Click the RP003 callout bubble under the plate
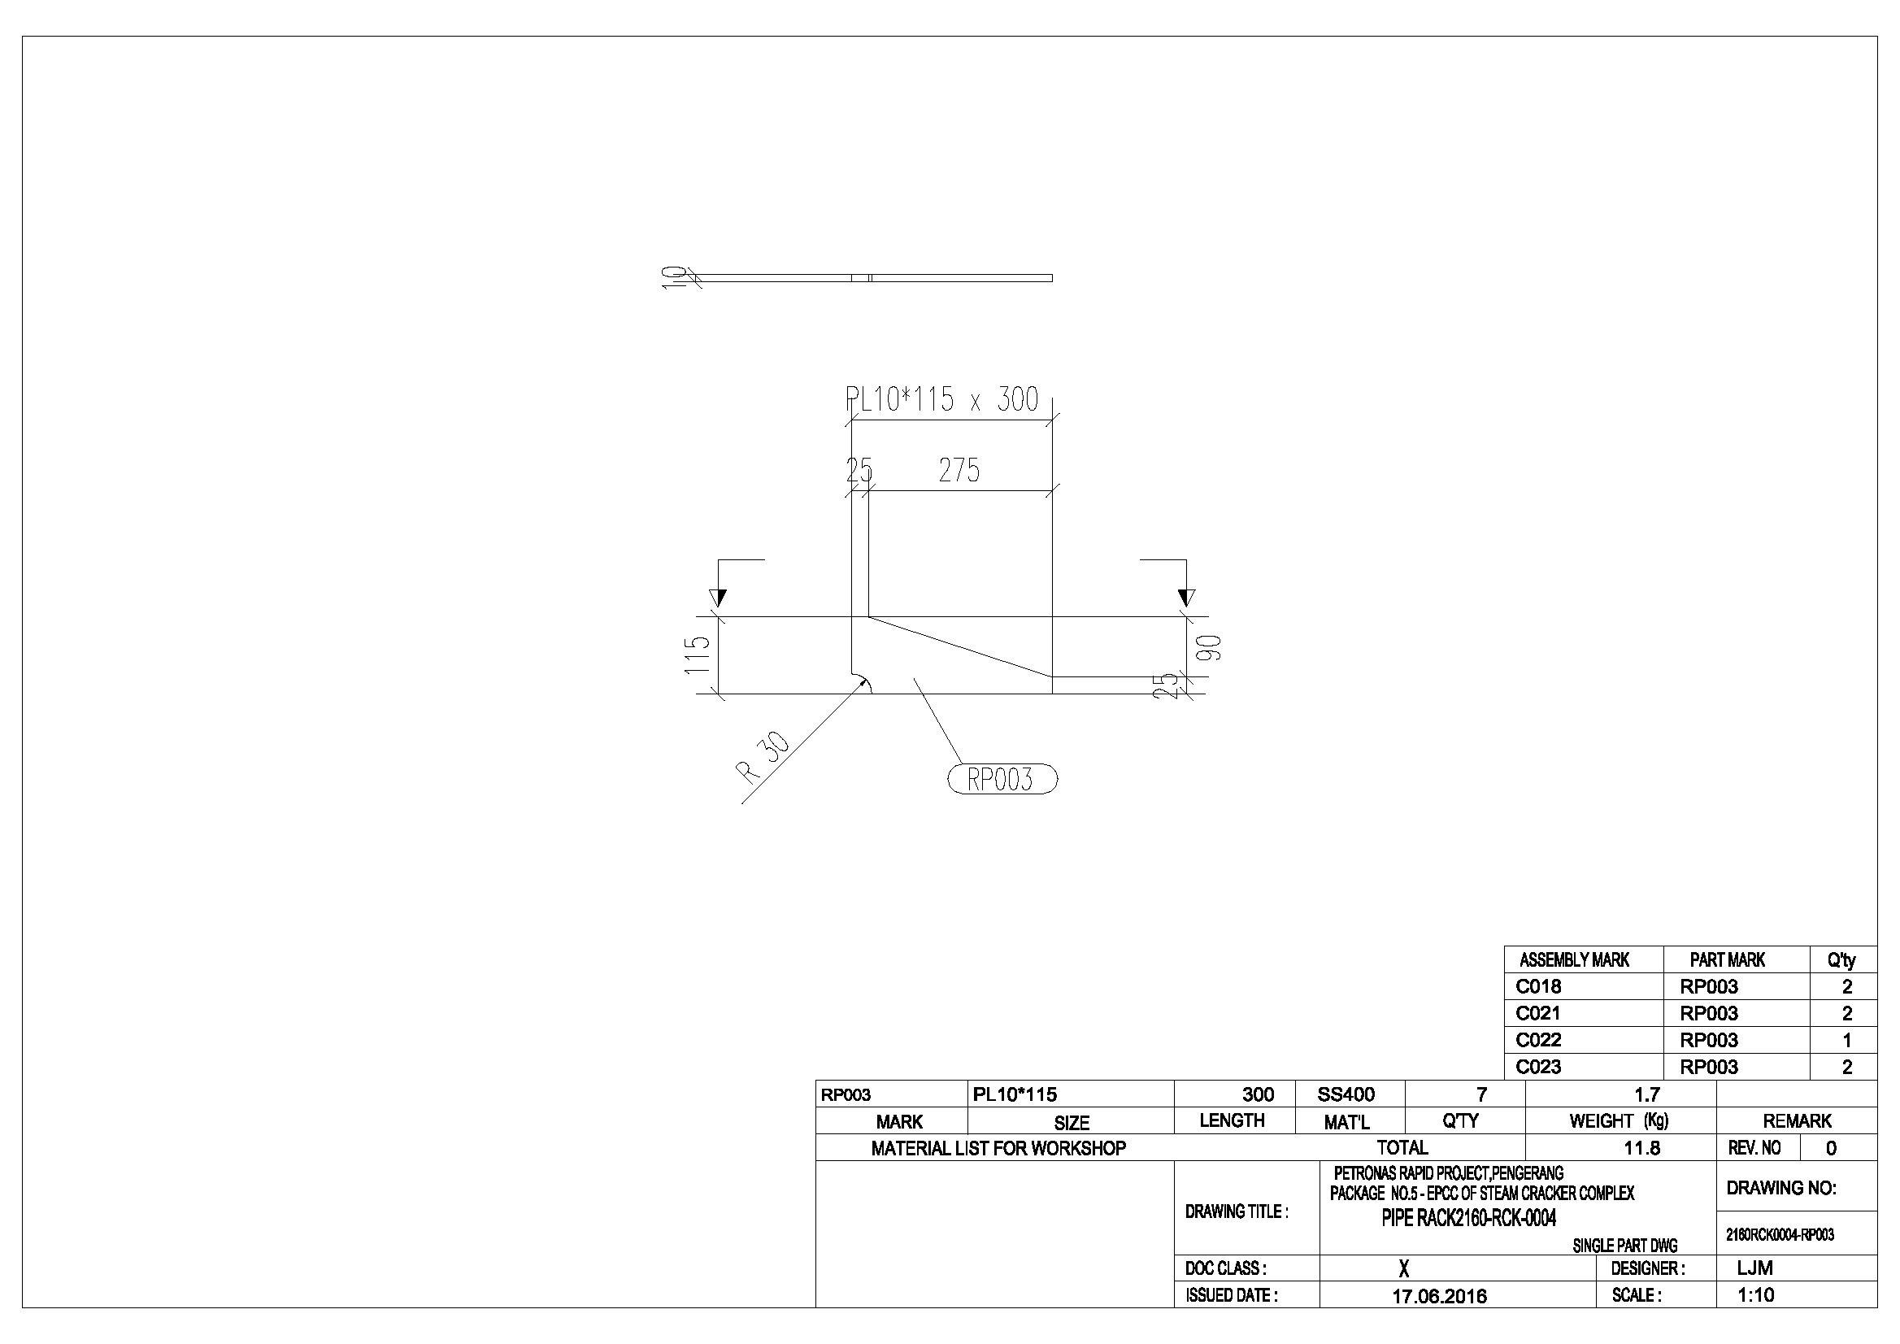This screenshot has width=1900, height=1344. tap(1002, 780)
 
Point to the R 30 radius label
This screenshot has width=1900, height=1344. tap(763, 757)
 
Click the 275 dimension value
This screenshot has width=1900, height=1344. tap(959, 471)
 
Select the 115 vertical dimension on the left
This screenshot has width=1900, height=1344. tap(698, 655)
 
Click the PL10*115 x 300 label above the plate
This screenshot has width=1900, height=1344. tap(941, 400)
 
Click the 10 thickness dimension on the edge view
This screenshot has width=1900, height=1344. tap(676, 277)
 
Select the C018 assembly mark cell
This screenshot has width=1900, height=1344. tap(1538, 986)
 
